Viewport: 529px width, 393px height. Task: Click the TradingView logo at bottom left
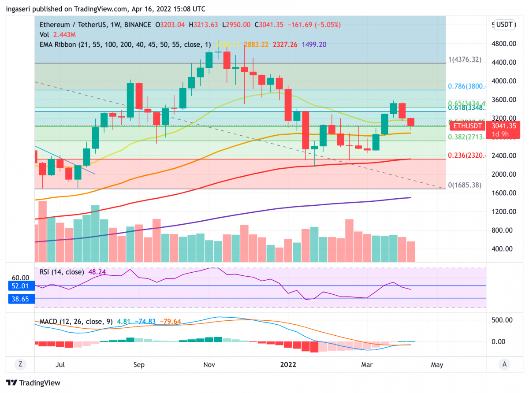click(33, 382)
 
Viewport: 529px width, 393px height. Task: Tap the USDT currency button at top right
click(504, 25)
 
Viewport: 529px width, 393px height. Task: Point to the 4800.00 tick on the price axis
click(504, 44)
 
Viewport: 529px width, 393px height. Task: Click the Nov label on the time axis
click(209, 364)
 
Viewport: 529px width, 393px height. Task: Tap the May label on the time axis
click(437, 364)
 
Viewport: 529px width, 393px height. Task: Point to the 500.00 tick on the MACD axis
click(504, 320)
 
